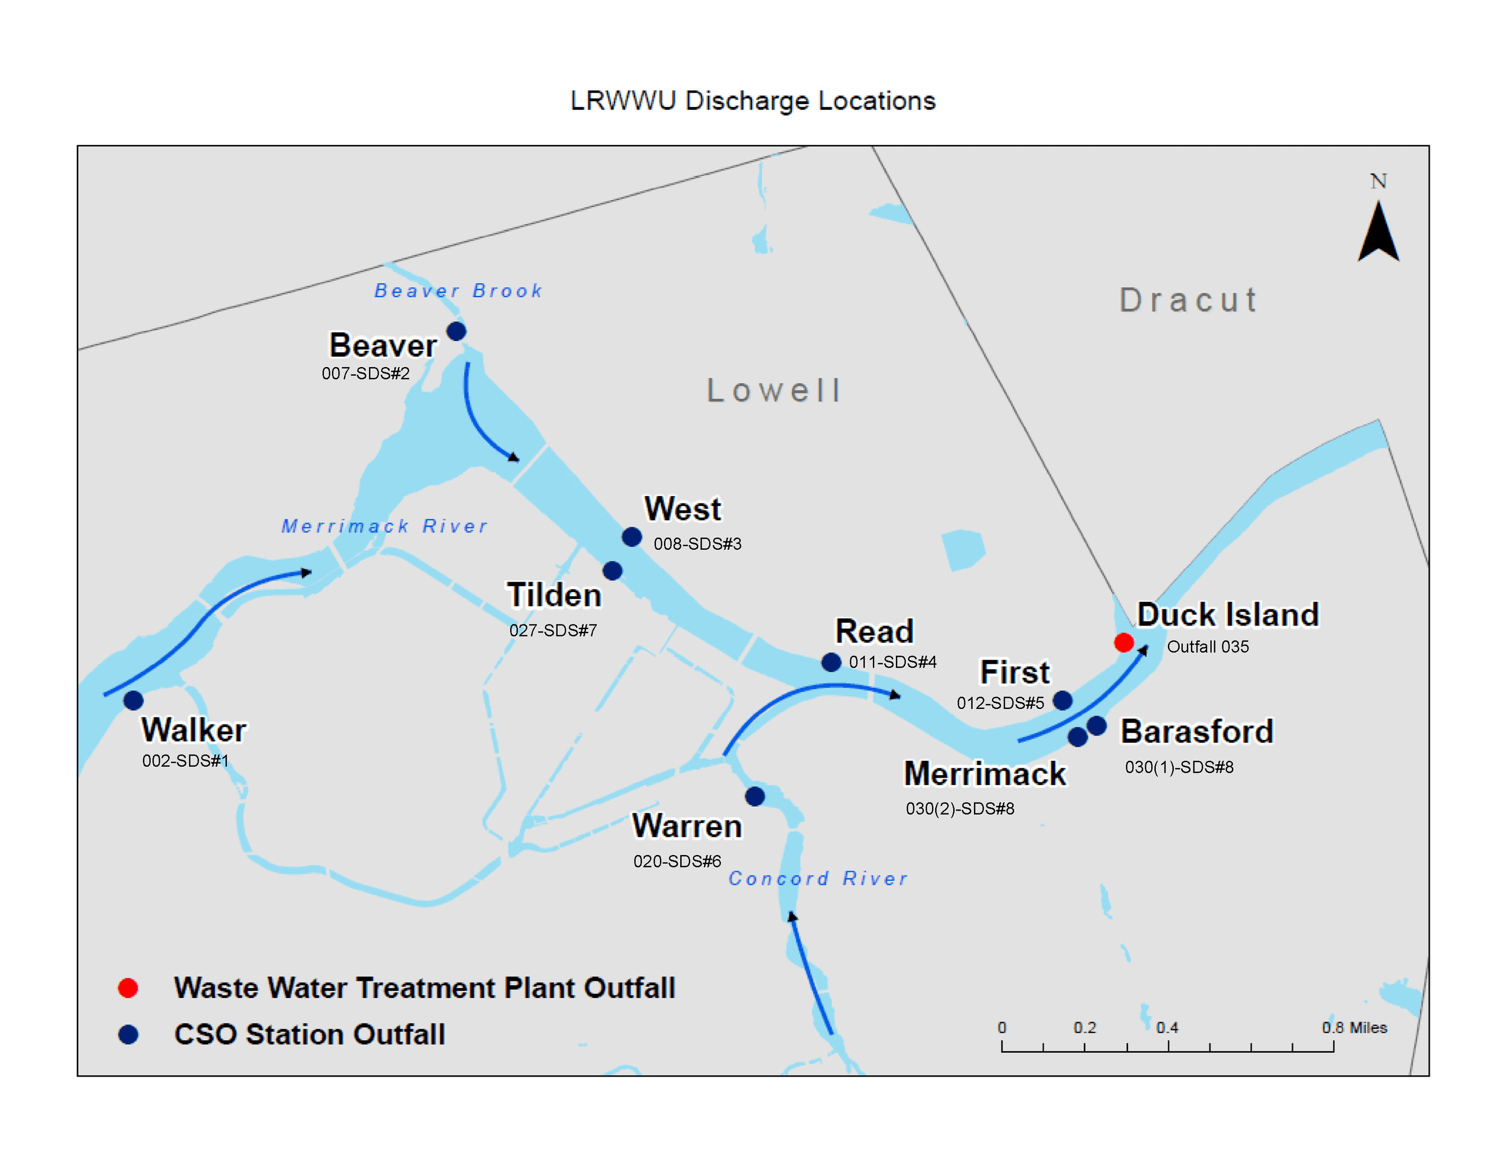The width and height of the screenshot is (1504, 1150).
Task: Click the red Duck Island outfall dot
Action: pyautogui.click(x=1123, y=643)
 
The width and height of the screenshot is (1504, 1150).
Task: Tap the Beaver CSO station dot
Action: pyautogui.click(x=456, y=331)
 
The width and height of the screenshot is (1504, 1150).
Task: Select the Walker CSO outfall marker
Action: pyautogui.click(x=133, y=700)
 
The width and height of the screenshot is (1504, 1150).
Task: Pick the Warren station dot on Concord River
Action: pyautogui.click(x=755, y=796)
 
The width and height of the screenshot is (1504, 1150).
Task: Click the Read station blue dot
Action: pyautogui.click(x=831, y=662)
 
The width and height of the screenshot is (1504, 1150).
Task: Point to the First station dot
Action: pyautogui.click(x=1062, y=700)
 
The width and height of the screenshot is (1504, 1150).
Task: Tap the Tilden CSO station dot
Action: pyautogui.click(x=612, y=570)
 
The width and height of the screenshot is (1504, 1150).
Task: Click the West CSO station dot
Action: pyautogui.click(x=632, y=537)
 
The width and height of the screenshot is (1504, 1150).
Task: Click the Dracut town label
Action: pyautogui.click(x=1188, y=300)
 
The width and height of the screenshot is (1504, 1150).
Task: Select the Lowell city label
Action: pyautogui.click(x=774, y=390)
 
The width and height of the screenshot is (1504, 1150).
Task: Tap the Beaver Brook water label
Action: pyautogui.click(x=458, y=291)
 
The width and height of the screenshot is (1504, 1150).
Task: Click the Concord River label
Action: pyautogui.click(x=818, y=878)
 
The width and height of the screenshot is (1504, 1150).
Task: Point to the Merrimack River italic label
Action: pyautogui.click(x=384, y=526)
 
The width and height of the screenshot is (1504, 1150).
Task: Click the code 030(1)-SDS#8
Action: pyautogui.click(x=1179, y=767)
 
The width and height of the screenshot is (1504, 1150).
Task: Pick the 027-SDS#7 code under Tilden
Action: pyautogui.click(x=552, y=630)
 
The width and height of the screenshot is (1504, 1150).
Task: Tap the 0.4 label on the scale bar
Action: pyautogui.click(x=1167, y=1027)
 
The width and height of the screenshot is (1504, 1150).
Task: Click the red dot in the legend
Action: pyautogui.click(x=128, y=988)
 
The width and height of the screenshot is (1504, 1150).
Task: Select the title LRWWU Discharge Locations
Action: pyautogui.click(x=752, y=101)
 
